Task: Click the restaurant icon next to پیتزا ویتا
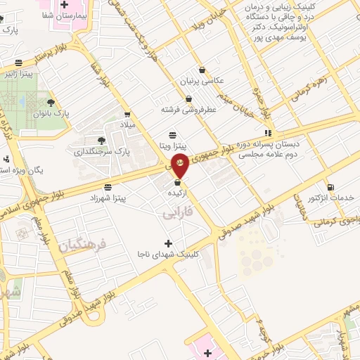click(x=174, y=135)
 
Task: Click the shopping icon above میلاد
click(x=127, y=114)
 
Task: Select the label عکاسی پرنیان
click(x=202, y=81)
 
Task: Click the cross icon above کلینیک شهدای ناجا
click(x=167, y=243)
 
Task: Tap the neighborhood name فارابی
click(x=176, y=212)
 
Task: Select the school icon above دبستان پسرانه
click(x=267, y=132)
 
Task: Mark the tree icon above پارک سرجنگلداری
click(x=103, y=141)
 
